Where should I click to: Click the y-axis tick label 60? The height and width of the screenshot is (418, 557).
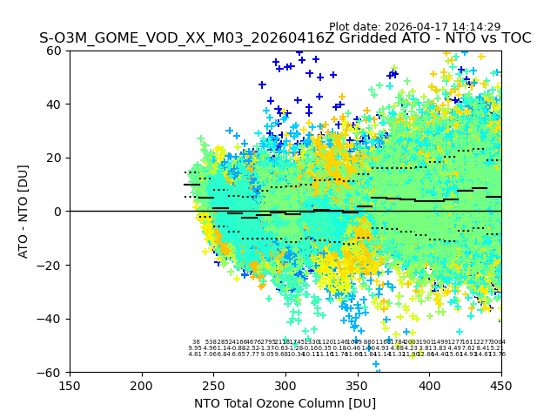click(54, 51)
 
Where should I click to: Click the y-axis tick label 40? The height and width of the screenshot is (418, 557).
click(54, 104)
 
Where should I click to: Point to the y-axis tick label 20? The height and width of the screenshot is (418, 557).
click(54, 158)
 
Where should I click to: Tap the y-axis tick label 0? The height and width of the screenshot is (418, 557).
click(57, 212)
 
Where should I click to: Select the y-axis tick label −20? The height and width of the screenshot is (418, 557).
click(50, 265)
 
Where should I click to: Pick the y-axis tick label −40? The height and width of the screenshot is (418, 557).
click(50, 319)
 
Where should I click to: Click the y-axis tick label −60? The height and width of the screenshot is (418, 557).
click(50, 372)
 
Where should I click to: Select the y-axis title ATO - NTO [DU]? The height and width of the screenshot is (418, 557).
click(24, 212)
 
